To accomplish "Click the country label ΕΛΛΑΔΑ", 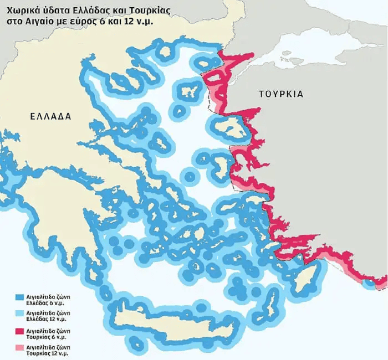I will coord(50,117).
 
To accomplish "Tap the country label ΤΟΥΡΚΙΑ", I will coord(281,94).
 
